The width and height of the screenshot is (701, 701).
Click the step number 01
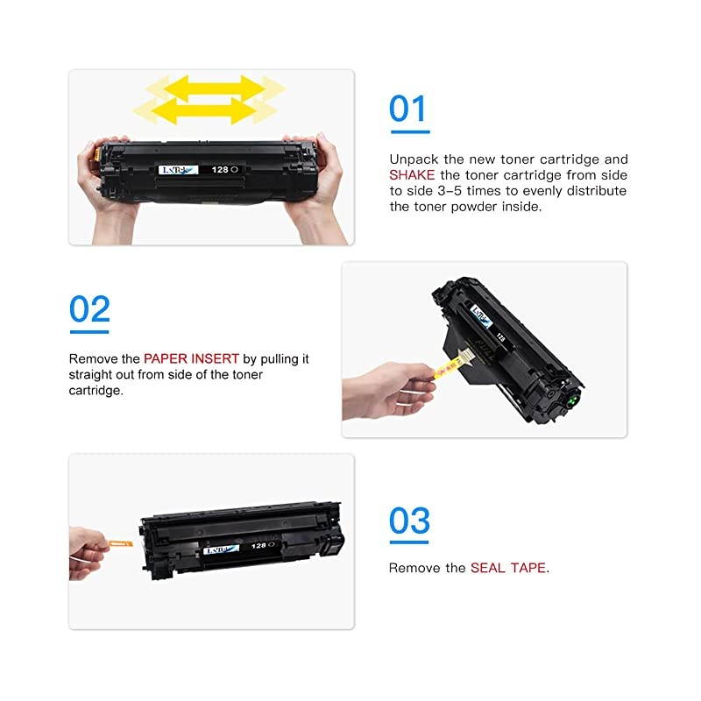tap(408, 110)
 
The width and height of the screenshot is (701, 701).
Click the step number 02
tap(89, 309)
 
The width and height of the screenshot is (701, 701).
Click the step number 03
tap(409, 520)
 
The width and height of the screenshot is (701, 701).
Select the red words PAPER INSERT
tap(191, 359)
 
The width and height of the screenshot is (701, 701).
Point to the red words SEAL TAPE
tap(508, 568)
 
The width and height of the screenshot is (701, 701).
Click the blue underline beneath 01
tap(409, 132)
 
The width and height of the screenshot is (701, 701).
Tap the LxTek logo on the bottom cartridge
tap(219, 552)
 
